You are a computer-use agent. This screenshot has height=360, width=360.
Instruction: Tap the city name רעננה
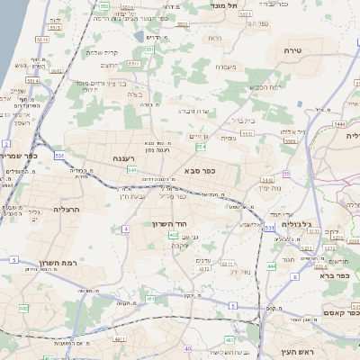131,157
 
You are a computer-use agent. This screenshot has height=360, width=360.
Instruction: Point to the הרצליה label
67,208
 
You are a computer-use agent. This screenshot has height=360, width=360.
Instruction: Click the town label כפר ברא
334,274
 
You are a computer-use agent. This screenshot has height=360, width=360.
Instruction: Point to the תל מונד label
224,4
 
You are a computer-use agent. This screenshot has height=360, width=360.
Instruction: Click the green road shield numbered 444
272,265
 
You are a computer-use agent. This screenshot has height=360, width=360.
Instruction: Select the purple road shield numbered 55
286,173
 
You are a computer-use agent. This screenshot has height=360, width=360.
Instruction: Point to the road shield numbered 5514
31,80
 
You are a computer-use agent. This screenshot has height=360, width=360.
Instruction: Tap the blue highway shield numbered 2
6,143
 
